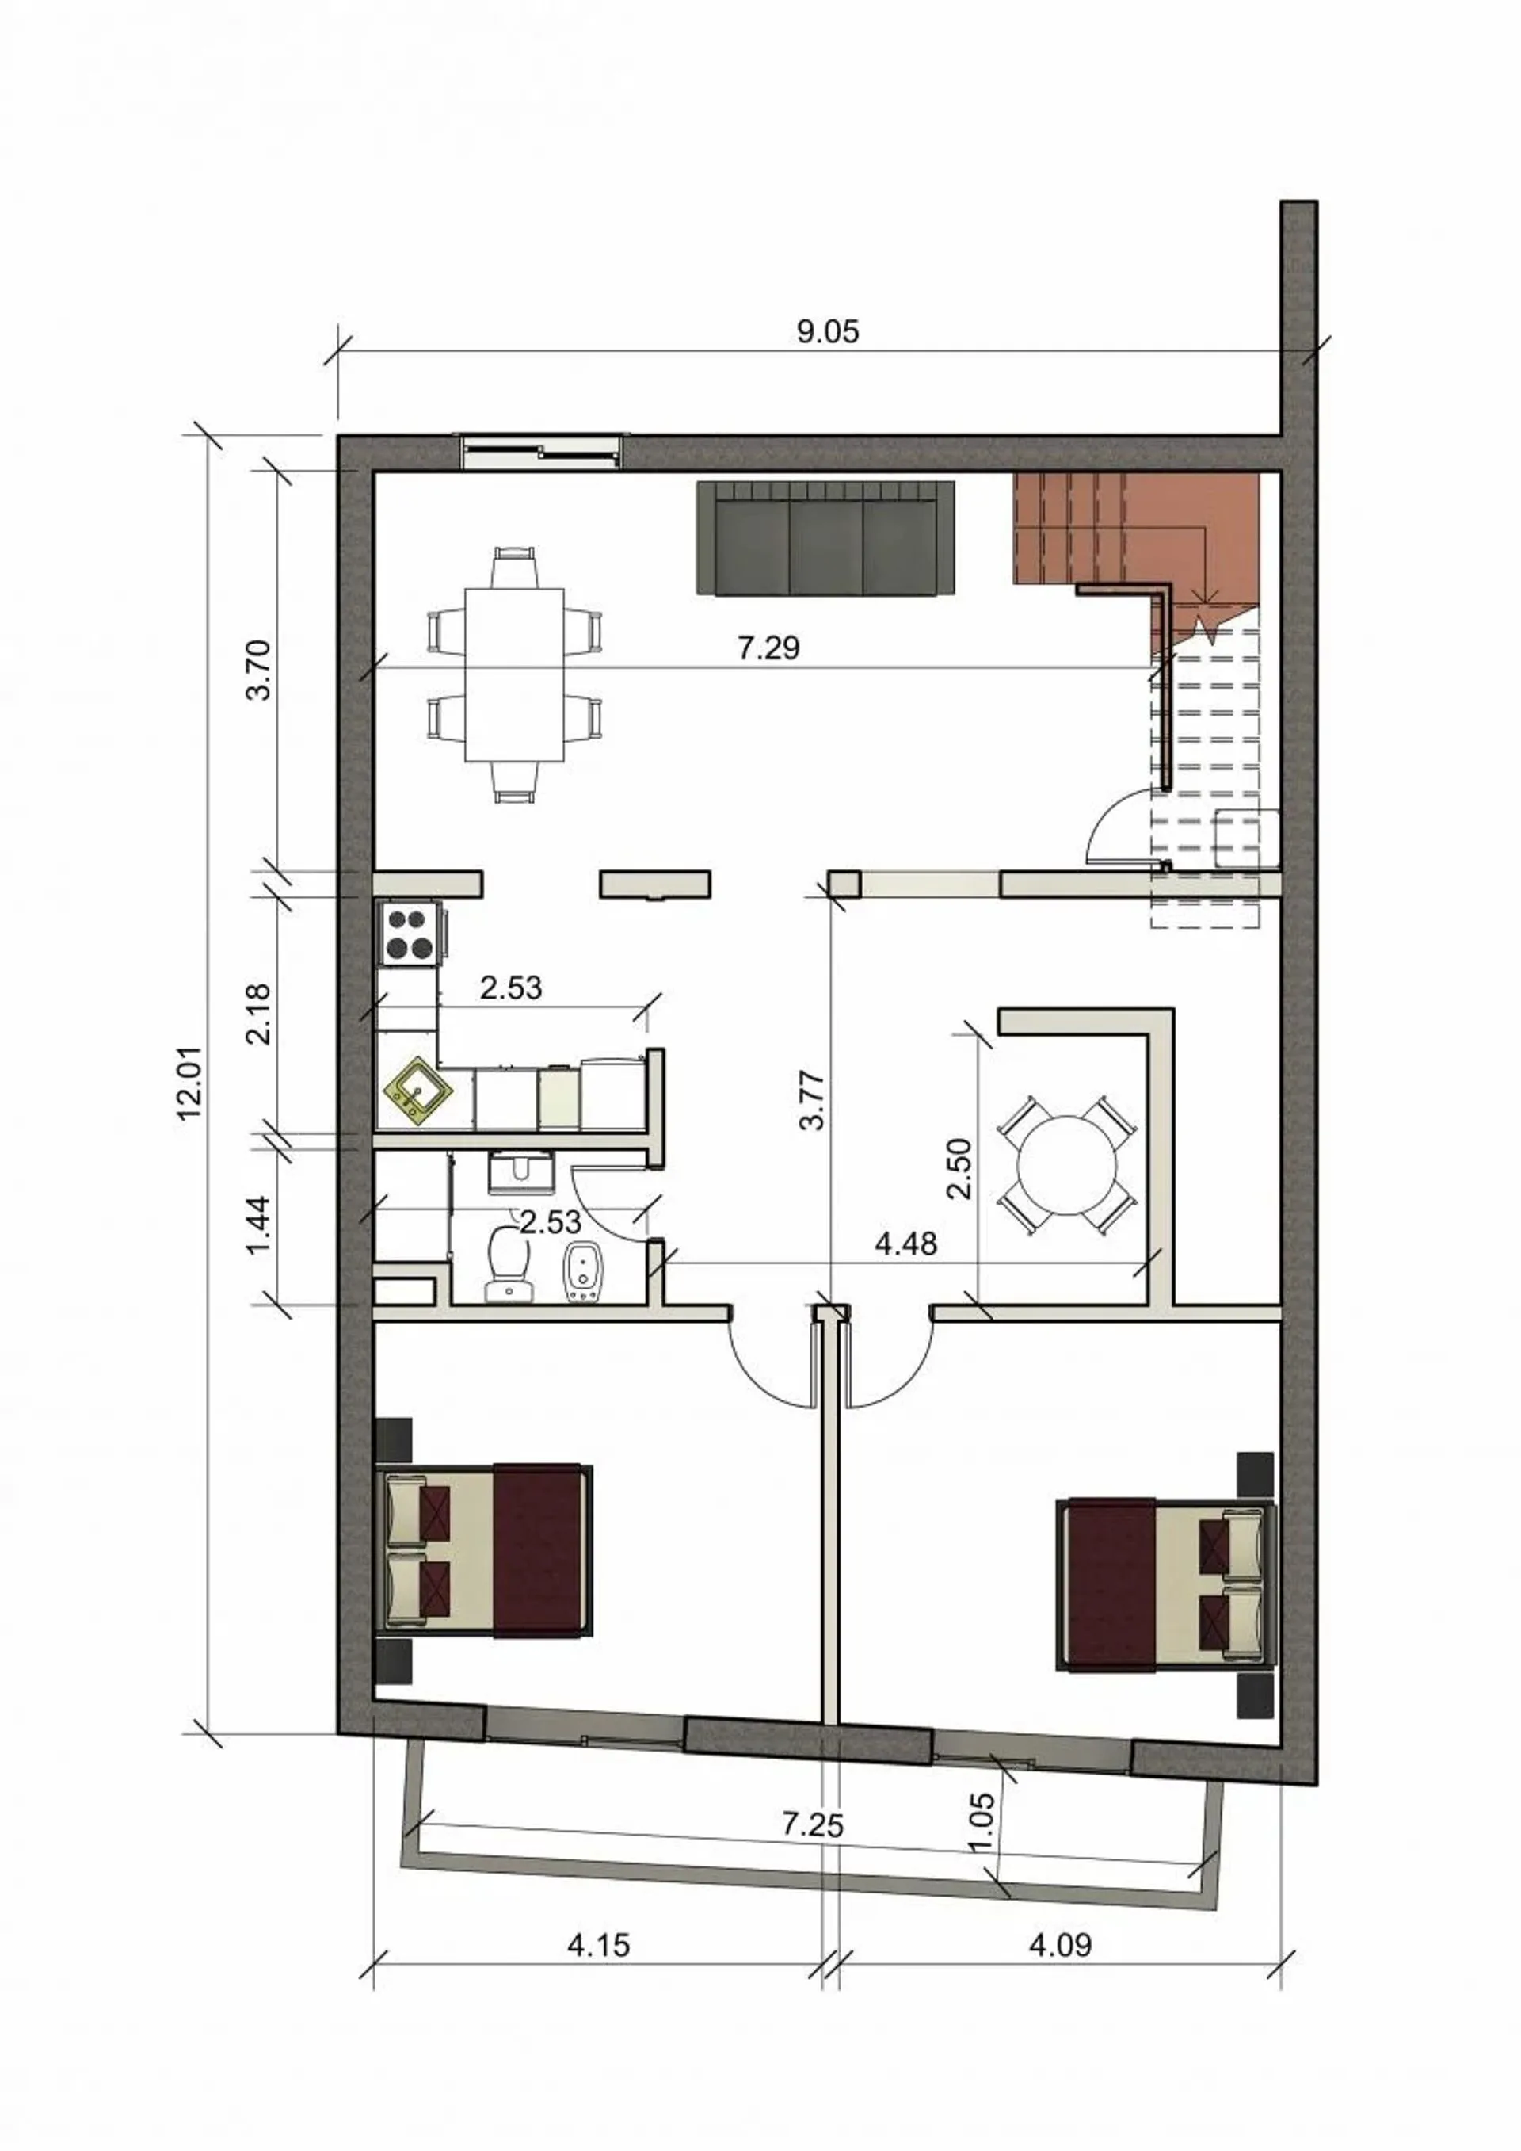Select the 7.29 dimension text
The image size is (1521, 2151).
pos(769,647)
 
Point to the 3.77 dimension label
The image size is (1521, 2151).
pos(812,1100)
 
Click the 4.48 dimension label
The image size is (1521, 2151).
pos(905,1244)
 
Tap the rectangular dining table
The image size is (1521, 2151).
pos(514,675)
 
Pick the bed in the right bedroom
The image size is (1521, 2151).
pos(1166,1596)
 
